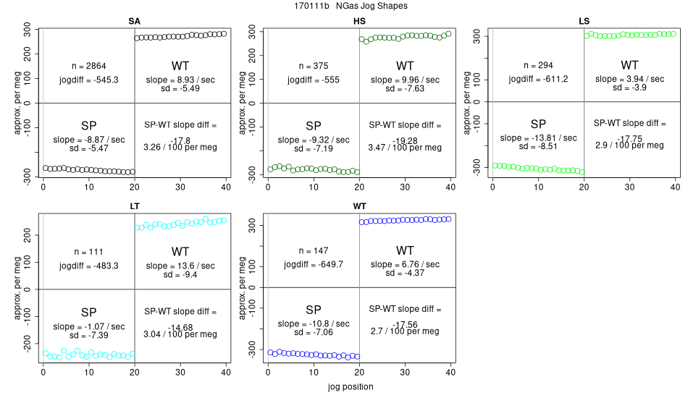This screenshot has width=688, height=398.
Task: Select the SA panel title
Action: pos(135,20)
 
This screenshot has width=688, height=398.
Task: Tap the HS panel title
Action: pos(359,20)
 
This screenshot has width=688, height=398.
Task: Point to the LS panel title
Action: pos(584,20)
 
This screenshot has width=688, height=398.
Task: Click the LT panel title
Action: pos(135,206)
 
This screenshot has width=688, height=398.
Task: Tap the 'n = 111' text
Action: pos(89,252)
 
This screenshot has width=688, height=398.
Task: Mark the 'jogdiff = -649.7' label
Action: pos(313,265)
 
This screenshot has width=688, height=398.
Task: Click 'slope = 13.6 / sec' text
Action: pos(180,265)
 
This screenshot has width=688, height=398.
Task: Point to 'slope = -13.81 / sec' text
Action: pos(538,137)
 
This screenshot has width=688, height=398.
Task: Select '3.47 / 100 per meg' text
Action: pos(405,148)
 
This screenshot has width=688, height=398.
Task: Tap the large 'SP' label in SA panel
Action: pos(89,124)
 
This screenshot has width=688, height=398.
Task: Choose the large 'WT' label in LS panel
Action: pos(629,65)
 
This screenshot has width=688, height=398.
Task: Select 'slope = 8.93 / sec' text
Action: pos(180,79)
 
